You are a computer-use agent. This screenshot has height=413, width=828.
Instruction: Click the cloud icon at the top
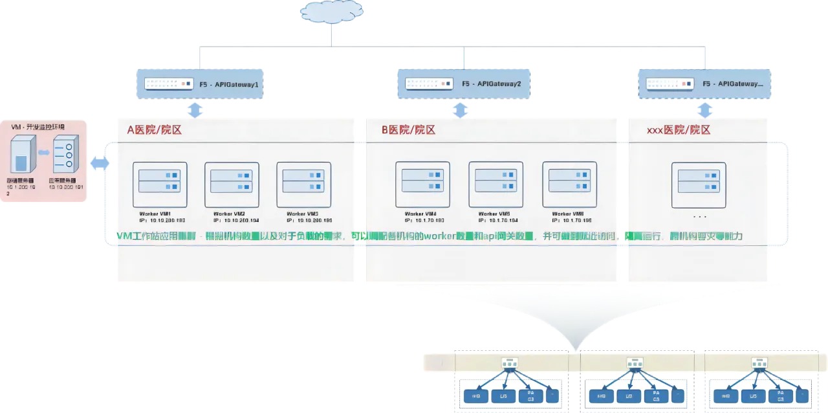(331, 11)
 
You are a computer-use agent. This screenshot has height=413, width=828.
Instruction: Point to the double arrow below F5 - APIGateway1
(195, 110)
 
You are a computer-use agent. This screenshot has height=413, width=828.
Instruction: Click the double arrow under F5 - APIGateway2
(460, 110)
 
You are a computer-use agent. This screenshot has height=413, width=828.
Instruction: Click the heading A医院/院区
(154, 130)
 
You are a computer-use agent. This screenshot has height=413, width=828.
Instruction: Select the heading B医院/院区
(408, 130)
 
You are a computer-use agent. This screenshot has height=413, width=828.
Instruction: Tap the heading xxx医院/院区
(679, 130)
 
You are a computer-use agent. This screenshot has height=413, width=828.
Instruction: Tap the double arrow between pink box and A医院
(100, 164)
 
